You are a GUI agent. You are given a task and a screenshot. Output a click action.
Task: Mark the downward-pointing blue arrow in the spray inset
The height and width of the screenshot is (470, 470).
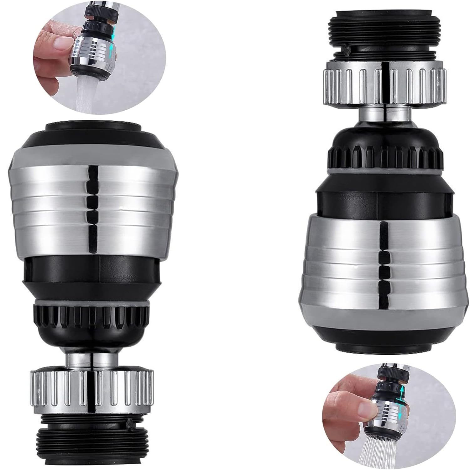(401, 415)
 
